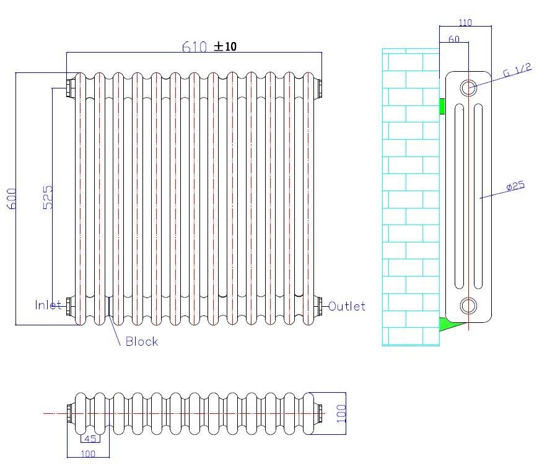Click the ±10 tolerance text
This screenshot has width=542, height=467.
pyautogui.click(x=226, y=46)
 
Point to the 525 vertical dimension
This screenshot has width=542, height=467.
pyautogui.click(x=48, y=197)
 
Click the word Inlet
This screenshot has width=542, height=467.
pyautogui.click(x=48, y=305)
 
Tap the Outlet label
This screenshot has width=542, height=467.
pyautogui.click(x=346, y=306)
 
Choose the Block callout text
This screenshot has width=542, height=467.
pyautogui.click(x=142, y=341)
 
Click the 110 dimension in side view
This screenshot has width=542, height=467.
pyautogui.click(x=465, y=23)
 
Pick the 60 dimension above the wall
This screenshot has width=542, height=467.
pyautogui.click(x=453, y=39)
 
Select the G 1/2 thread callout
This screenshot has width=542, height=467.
pyautogui.click(x=517, y=70)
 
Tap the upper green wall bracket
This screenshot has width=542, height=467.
pyautogui.click(x=442, y=106)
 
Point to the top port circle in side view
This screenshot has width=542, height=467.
pyautogui.click(x=469, y=87)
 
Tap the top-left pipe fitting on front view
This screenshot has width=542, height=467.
pyautogui.click(x=70, y=87)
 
